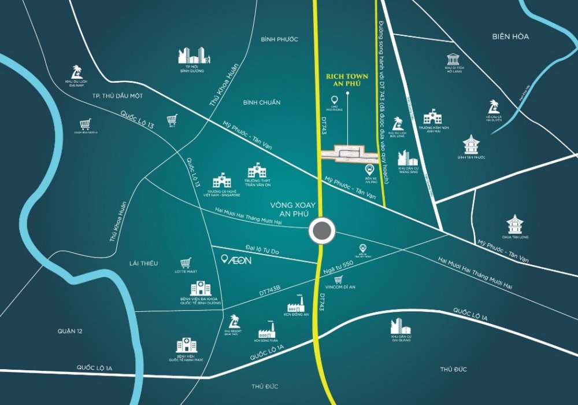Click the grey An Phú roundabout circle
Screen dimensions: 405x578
point(321,231)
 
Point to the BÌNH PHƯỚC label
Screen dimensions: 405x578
point(279,39)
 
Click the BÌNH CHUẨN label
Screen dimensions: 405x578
point(262,102)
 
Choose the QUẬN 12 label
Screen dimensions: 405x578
point(71,331)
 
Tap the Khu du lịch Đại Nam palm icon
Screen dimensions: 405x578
point(75,72)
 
